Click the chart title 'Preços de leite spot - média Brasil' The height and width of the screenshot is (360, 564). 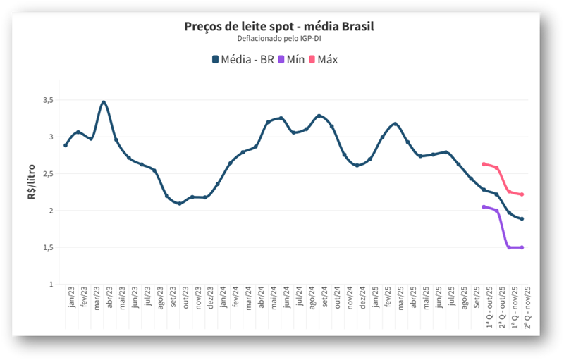[278, 27]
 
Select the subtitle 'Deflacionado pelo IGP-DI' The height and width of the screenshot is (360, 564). [278, 39]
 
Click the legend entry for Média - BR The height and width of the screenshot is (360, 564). [243, 59]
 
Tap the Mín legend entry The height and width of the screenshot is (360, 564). [291, 59]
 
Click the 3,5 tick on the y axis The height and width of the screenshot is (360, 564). [48, 100]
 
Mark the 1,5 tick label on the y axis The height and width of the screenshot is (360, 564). [48, 248]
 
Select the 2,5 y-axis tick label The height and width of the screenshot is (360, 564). [48, 174]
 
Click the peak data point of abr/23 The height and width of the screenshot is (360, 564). [104, 102]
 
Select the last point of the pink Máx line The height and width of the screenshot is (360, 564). [522, 194]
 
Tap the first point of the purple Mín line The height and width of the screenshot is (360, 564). [484, 206]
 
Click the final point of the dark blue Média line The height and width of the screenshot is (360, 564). [522, 219]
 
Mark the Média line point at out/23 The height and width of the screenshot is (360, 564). [180, 204]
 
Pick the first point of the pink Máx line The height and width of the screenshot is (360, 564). [484, 164]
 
